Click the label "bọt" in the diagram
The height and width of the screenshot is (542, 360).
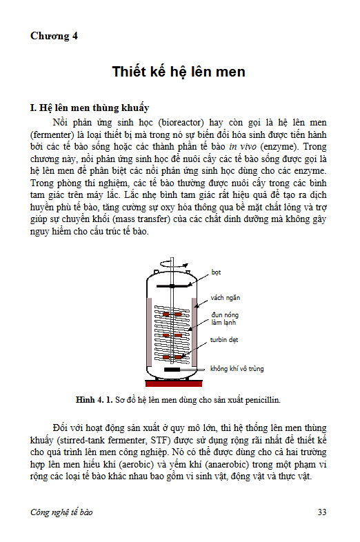(216, 272)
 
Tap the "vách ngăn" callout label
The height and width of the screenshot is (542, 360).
(225, 298)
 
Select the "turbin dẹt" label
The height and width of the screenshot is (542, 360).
(224, 340)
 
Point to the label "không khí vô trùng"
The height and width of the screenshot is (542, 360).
(237, 368)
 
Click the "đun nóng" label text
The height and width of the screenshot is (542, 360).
(225, 315)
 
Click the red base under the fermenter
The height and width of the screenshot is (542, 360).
(174, 383)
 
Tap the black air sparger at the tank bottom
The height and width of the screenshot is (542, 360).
(172, 370)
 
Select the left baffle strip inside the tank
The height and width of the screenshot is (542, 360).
(150, 332)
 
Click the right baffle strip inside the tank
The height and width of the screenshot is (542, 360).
(194, 332)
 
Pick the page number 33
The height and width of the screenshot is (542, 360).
(322, 512)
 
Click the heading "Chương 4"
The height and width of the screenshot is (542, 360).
(54, 36)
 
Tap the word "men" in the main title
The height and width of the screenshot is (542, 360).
(230, 72)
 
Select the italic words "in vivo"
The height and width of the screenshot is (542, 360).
(243, 147)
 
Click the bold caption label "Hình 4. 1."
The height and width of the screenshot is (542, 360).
(94, 400)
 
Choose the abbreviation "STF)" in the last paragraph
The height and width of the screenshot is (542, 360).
(161, 441)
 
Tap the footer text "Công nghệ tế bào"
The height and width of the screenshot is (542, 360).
(61, 512)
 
